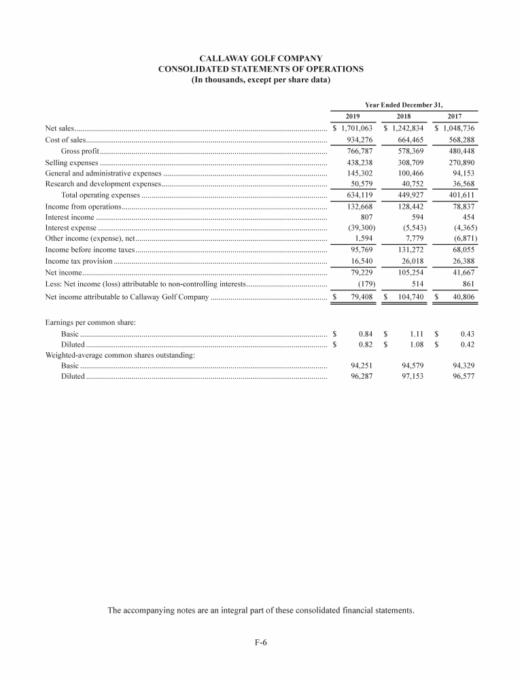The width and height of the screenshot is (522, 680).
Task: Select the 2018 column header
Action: pyautogui.click(x=404, y=116)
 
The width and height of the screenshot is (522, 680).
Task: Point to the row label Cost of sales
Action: pyautogui.click(x=65, y=139)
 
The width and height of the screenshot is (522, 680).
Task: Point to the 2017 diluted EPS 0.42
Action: pyautogui.click(x=466, y=345)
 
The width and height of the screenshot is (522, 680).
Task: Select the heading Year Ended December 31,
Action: pyautogui.click(x=404, y=105)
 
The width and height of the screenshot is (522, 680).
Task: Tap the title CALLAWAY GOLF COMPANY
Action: pyautogui.click(x=261, y=58)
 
